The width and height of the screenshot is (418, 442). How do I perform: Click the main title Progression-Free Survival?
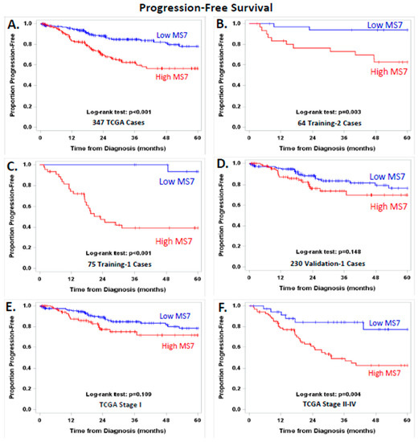(x=208, y=8)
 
